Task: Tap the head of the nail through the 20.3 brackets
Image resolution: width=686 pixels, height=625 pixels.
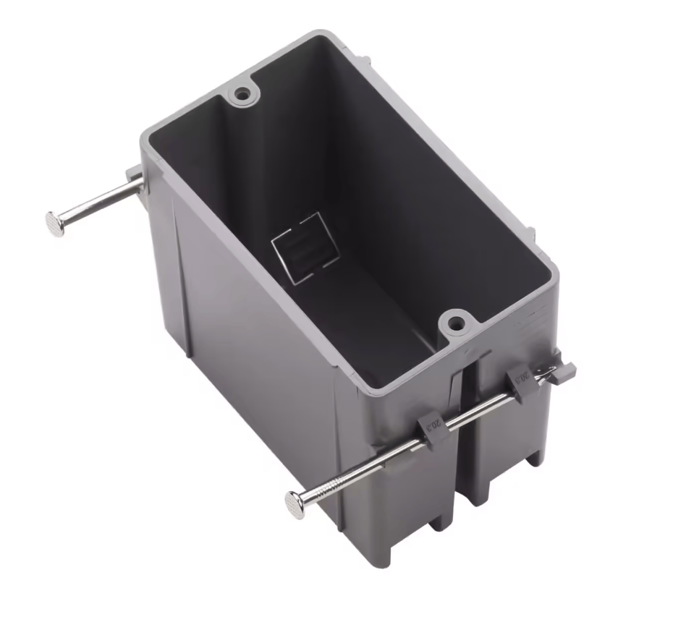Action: pos(296,499)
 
